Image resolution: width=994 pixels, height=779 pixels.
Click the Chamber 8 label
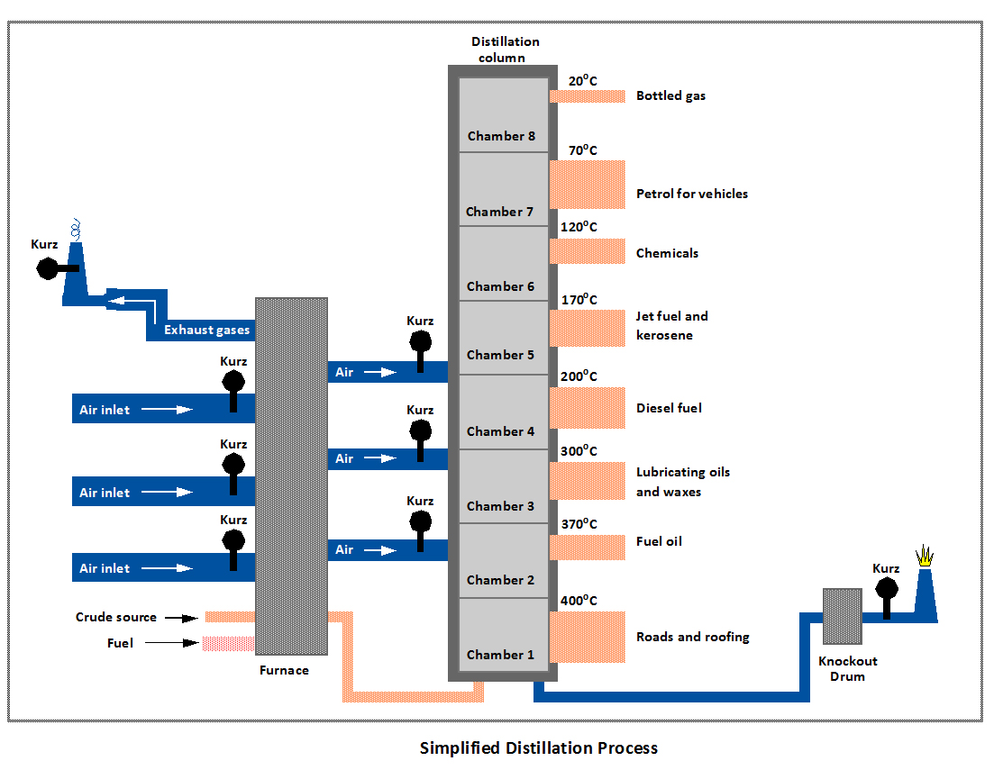[501, 136]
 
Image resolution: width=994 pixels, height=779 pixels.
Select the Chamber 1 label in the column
[501, 655]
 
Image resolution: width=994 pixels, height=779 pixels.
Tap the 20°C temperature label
[583, 80]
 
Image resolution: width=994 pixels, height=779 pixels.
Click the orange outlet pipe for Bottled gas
[588, 95]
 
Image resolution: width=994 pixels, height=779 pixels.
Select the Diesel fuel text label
[669, 408]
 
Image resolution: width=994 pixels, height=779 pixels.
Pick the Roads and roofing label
[692, 637]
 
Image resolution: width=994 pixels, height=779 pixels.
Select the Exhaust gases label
[206, 331]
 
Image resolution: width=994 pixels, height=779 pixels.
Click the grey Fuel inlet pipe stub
[229, 643]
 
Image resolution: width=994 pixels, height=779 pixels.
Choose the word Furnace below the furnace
[284, 670]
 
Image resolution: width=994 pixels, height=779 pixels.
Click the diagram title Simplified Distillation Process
[539, 748]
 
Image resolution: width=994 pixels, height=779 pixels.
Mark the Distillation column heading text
[505, 50]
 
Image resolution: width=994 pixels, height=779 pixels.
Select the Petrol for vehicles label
[691, 194]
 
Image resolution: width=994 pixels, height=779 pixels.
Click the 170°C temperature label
[579, 300]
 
